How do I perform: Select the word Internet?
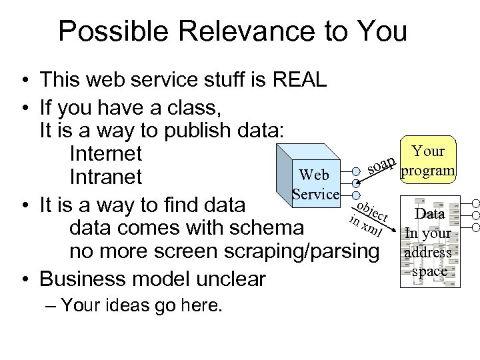pos(105,154)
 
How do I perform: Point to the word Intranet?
pos(105,177)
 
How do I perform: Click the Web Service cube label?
pos(315,185)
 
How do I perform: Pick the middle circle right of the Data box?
pos(475,215)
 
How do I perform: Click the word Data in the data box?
pos(429,214)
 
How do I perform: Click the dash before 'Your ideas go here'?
pos(53,306)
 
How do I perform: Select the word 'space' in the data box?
pos(429,271)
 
